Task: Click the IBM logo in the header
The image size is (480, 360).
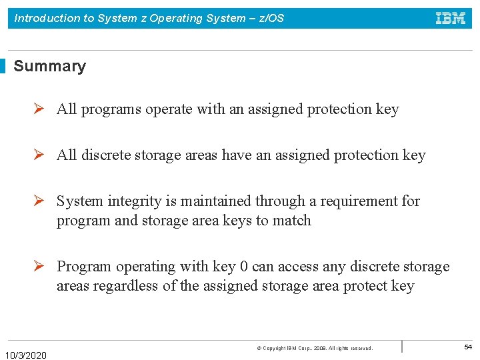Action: (451, 18)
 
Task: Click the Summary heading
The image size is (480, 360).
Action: (50, 66)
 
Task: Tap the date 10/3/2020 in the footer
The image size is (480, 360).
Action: (26, 355)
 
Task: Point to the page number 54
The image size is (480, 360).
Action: (467, 347)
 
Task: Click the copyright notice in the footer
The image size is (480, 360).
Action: (315, 348)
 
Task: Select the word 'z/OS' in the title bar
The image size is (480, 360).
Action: (271, 18)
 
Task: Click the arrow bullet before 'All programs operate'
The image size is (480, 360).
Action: (40, 109)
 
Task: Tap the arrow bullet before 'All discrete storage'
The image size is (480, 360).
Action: (40, 155)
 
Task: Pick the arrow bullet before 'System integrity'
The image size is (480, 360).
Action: (40, 201)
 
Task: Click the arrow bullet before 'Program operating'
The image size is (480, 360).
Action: (40, 266)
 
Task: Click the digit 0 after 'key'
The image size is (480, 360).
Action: (244, 267)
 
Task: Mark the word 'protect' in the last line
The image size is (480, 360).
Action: (365, 287)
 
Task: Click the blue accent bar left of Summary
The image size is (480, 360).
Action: (3, 66)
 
